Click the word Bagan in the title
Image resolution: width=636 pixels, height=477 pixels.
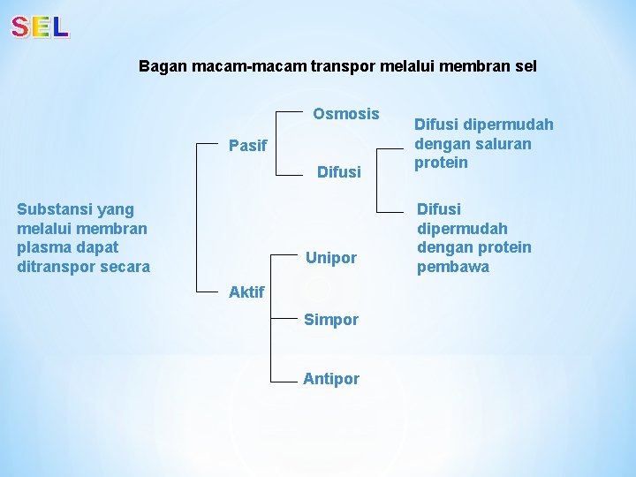(x=161, y=66)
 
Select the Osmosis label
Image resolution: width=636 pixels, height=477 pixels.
(x=346, y=114)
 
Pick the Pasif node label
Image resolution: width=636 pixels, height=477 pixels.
(x=247, y=146)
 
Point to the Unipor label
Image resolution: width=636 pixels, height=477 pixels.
(x=331, y=258)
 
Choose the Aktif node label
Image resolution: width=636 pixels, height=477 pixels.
(x=246, y=291)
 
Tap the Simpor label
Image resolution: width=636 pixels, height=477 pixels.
(x=331, y=320)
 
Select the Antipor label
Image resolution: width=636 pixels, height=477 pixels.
(x=331, y=379)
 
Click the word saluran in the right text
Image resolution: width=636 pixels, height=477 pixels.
(x=503, y=143)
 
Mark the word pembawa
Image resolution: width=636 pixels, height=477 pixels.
(x=453, y=267)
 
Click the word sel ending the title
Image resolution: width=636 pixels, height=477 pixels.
(x=525, y=66)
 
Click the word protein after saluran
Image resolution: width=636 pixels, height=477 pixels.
(x=441, y=163)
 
